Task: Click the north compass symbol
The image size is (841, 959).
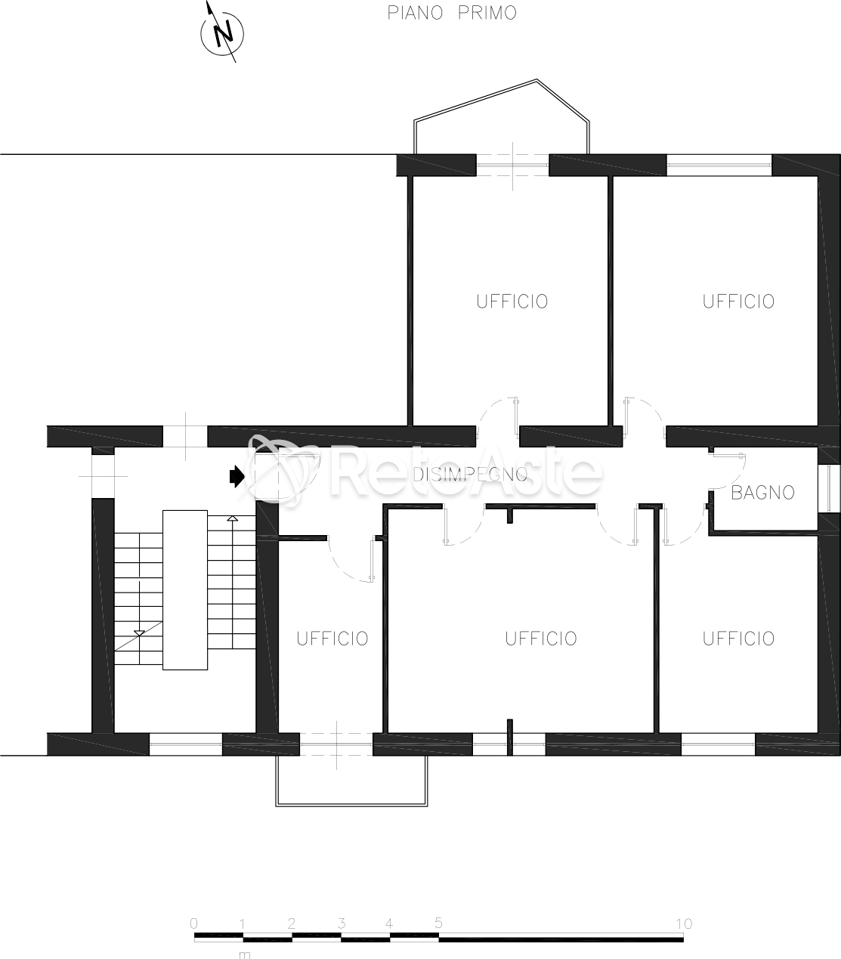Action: coord(221,33)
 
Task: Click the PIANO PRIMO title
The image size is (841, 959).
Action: coord(452,14)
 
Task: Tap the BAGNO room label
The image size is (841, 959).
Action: coord(762,493)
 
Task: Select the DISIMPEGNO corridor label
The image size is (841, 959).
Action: coord(470,475)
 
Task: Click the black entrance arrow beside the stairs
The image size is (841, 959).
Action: coord(237,477)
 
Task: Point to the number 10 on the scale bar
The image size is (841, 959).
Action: coord(684,923)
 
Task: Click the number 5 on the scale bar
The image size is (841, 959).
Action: coord(438,923)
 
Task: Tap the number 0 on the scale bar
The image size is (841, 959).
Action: coord(193,923)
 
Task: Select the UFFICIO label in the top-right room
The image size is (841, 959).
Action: coord(738,302)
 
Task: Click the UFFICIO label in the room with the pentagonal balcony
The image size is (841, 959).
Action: coord(512,302)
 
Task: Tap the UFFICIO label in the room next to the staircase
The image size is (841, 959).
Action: coord(332,639)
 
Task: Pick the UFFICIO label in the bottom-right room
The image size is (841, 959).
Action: coord(738,639)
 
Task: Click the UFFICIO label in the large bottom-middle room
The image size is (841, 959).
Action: coord(541,639)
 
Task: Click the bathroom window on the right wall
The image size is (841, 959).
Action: coord(829,488)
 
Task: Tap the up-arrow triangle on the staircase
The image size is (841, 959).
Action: coord(232,518)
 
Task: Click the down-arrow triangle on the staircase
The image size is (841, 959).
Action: coord(139,633)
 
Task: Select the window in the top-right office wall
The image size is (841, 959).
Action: coord(719,166)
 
